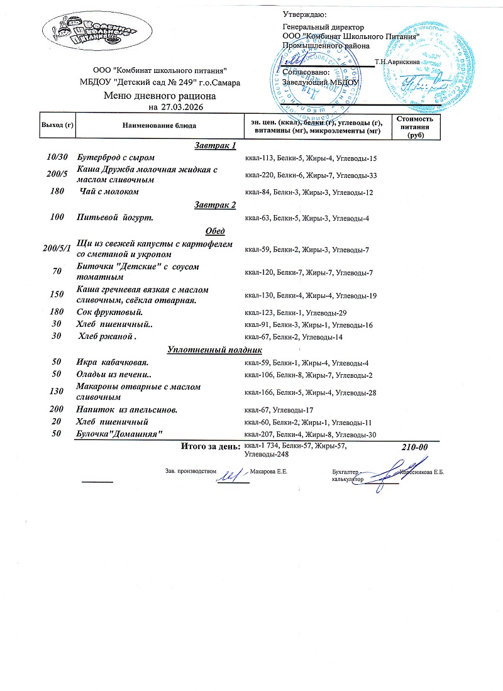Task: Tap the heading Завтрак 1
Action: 215,146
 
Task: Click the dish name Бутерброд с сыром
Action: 116,157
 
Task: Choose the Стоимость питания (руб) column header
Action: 414,126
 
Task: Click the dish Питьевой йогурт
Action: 115,218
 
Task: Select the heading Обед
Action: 215,231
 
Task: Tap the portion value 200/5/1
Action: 57,249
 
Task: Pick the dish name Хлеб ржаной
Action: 108,336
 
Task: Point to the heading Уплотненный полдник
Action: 214,350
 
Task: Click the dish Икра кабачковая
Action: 113,362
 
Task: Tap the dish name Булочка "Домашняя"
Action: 119,434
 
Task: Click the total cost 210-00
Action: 414,446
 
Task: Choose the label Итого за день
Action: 210,446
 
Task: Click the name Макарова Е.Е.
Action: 268,471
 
